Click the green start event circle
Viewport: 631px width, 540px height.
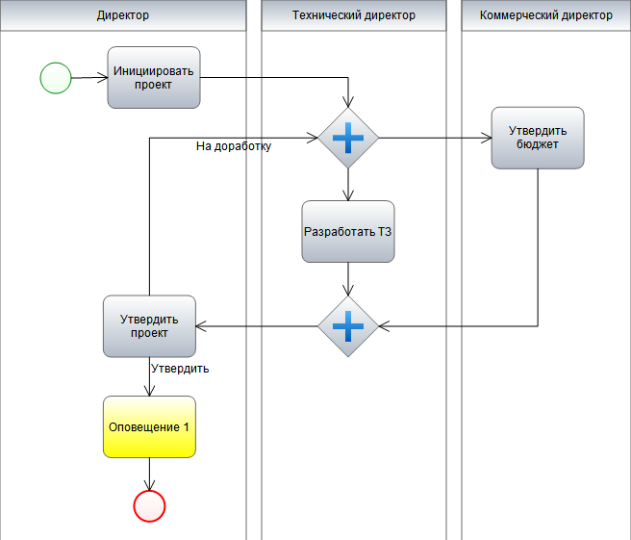[x=56, y=77]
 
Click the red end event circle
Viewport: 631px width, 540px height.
[x=150, y=504]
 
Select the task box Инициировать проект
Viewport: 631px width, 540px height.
[x=154, y=78]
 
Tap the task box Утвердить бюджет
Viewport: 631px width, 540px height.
[x=538, y=138]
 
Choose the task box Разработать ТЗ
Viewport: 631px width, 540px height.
[x=348, y=231]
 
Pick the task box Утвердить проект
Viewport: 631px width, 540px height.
[x=149, y=326]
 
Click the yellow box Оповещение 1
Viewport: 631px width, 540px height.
[x=149, y=426]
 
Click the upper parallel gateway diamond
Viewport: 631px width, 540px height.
[x=348, y=139]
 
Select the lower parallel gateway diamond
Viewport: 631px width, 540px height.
[x=348, y=326]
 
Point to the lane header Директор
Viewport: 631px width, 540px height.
[x=123, y=15]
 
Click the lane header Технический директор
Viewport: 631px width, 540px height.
[x=353, y=15]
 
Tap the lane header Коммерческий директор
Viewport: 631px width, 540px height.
[x=545, y=15]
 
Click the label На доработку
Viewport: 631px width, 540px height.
[x=233, y=147]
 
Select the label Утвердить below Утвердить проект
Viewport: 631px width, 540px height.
[x=180, y=369]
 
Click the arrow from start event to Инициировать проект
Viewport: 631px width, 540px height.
[x=88, y=78]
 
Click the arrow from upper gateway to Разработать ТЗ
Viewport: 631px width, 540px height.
[x=348, y=183]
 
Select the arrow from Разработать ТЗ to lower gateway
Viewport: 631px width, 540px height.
[x=348, y=278]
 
